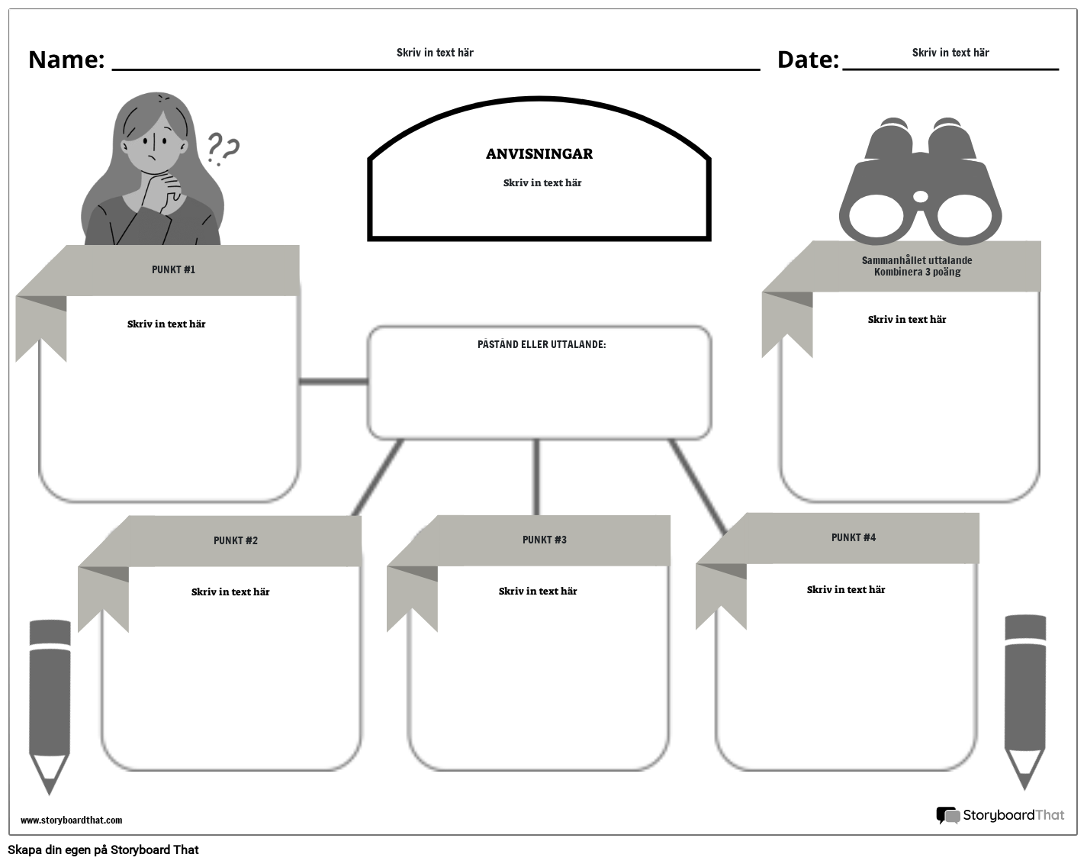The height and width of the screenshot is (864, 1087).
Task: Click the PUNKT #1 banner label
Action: tap(173, 269)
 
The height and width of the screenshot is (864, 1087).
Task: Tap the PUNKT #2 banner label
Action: tap(236, 540)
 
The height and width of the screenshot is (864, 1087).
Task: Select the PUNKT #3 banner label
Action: tap(545, 540)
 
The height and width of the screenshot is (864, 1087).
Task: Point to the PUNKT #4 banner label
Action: tap(854, 537)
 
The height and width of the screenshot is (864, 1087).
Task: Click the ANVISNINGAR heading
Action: tap(539, 154)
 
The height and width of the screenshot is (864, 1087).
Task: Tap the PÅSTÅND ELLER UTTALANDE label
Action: tap(542, 344)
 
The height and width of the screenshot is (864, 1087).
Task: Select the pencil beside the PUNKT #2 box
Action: tap(50, 703)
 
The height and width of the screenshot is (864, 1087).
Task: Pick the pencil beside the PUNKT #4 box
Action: tap(1024, 698)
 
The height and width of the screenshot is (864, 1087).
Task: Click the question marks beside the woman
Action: tap(223, 150)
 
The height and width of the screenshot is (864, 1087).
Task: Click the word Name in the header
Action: tap(66, 60)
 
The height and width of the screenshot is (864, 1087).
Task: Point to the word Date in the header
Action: tap(808, 60)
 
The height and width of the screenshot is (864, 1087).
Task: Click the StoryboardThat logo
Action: tap(1000, 815)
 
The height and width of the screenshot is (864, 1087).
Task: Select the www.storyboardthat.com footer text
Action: tap(71, 820)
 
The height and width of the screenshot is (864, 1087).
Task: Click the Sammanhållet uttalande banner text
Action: tap(917, 266)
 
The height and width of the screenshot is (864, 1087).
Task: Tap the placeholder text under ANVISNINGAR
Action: tap(542, 183)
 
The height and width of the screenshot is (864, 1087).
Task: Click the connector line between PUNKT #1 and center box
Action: tap(333, 381)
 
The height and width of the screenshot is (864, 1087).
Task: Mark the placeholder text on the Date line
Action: tap(950, 53)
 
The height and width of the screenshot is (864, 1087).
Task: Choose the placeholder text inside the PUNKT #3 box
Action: tap(538, 591)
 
